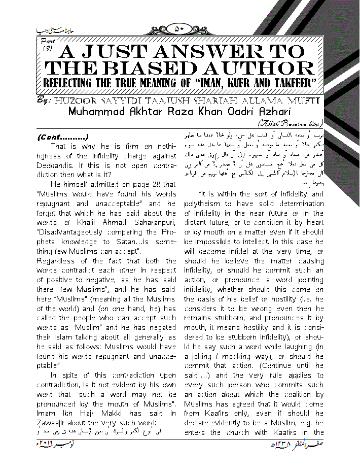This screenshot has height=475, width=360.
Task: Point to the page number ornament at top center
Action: (x=179, y=29)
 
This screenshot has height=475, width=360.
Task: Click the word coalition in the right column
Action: (x=295, y=394)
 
